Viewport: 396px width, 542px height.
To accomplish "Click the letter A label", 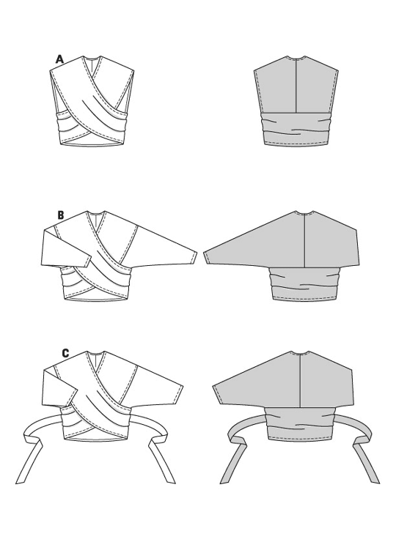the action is click(x=60, y=59).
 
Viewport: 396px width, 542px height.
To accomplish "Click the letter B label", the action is click(x=61, y=215).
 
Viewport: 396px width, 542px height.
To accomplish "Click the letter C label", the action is click(x=65, y=353).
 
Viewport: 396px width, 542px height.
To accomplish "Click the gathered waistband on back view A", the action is click(x=296, y=128).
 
